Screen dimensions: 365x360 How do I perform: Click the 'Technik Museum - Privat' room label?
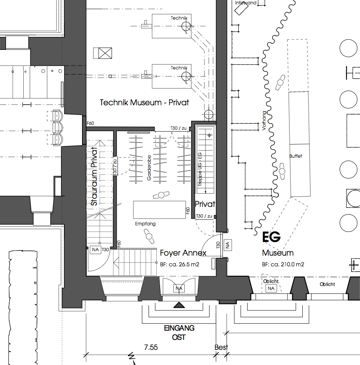[144, 102]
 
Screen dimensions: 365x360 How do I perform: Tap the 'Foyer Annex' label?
[183, 253]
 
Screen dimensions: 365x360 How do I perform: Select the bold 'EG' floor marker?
[271, 237]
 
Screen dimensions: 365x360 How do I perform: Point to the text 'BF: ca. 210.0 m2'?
[283, 265]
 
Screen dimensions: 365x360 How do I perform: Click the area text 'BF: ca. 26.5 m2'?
[180, 265]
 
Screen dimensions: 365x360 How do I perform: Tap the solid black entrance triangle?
[179, 305]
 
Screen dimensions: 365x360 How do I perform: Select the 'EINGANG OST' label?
[179, 332]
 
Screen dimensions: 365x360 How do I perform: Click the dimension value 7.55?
[150, 347]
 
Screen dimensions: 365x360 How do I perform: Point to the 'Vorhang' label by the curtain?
[264, 121]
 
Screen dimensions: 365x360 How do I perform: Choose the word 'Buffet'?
[296, 156]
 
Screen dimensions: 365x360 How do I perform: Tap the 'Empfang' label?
[145, 224]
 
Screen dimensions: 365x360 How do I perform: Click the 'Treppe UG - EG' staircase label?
[200, 168]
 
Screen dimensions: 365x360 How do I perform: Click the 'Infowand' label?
[246, 3]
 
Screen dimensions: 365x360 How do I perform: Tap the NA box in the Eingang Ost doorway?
[179, 288]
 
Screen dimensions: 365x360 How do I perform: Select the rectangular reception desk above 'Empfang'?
[159, 209]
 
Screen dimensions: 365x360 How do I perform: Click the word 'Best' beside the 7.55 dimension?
[221, 347]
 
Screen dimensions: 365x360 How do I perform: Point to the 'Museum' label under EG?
[278, 253]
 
